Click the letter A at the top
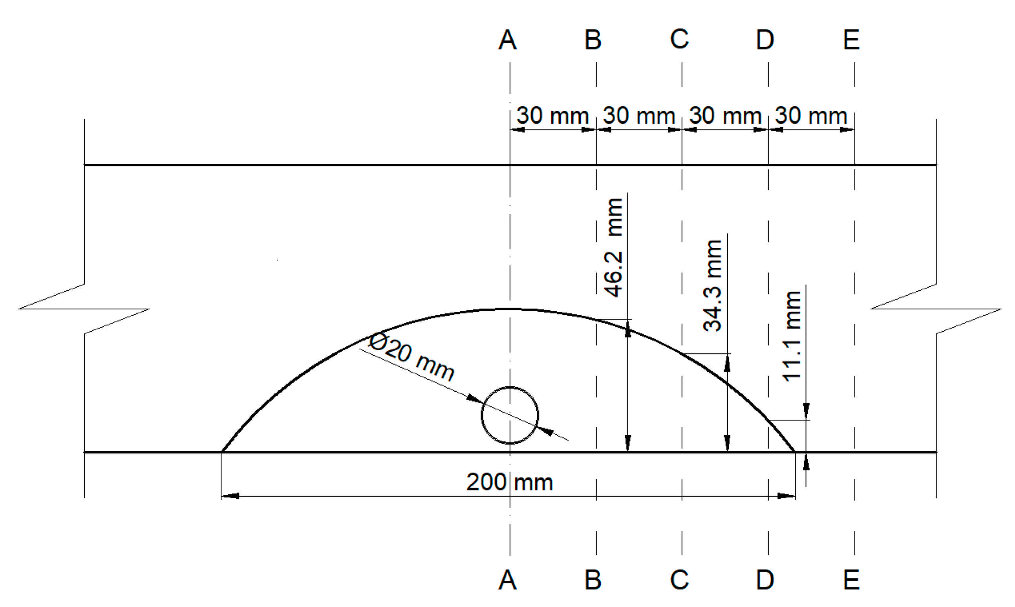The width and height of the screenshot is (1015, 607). (507, 40)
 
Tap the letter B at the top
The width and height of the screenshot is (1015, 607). (593, 40)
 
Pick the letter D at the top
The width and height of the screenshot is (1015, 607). (765, 40)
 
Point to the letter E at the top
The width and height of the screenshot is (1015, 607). (851, 40)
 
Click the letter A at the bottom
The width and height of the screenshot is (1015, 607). (507, 580)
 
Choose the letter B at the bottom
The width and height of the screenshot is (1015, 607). (593, 580)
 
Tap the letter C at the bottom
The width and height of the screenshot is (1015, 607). (679, 580)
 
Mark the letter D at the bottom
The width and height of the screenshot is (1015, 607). (765, 580)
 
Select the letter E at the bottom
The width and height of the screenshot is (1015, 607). (851, 580)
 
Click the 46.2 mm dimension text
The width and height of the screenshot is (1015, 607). (614, 247)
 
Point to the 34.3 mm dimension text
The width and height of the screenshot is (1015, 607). (713, 285)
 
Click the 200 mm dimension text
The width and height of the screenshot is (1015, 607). (510, 483)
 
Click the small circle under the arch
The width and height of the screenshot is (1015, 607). (510, 415)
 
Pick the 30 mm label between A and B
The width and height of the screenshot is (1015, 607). (552, 116)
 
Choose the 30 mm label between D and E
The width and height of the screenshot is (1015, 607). (811, 116)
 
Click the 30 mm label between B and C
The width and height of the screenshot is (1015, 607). (639, 116)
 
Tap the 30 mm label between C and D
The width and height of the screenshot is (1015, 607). (725, 116)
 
